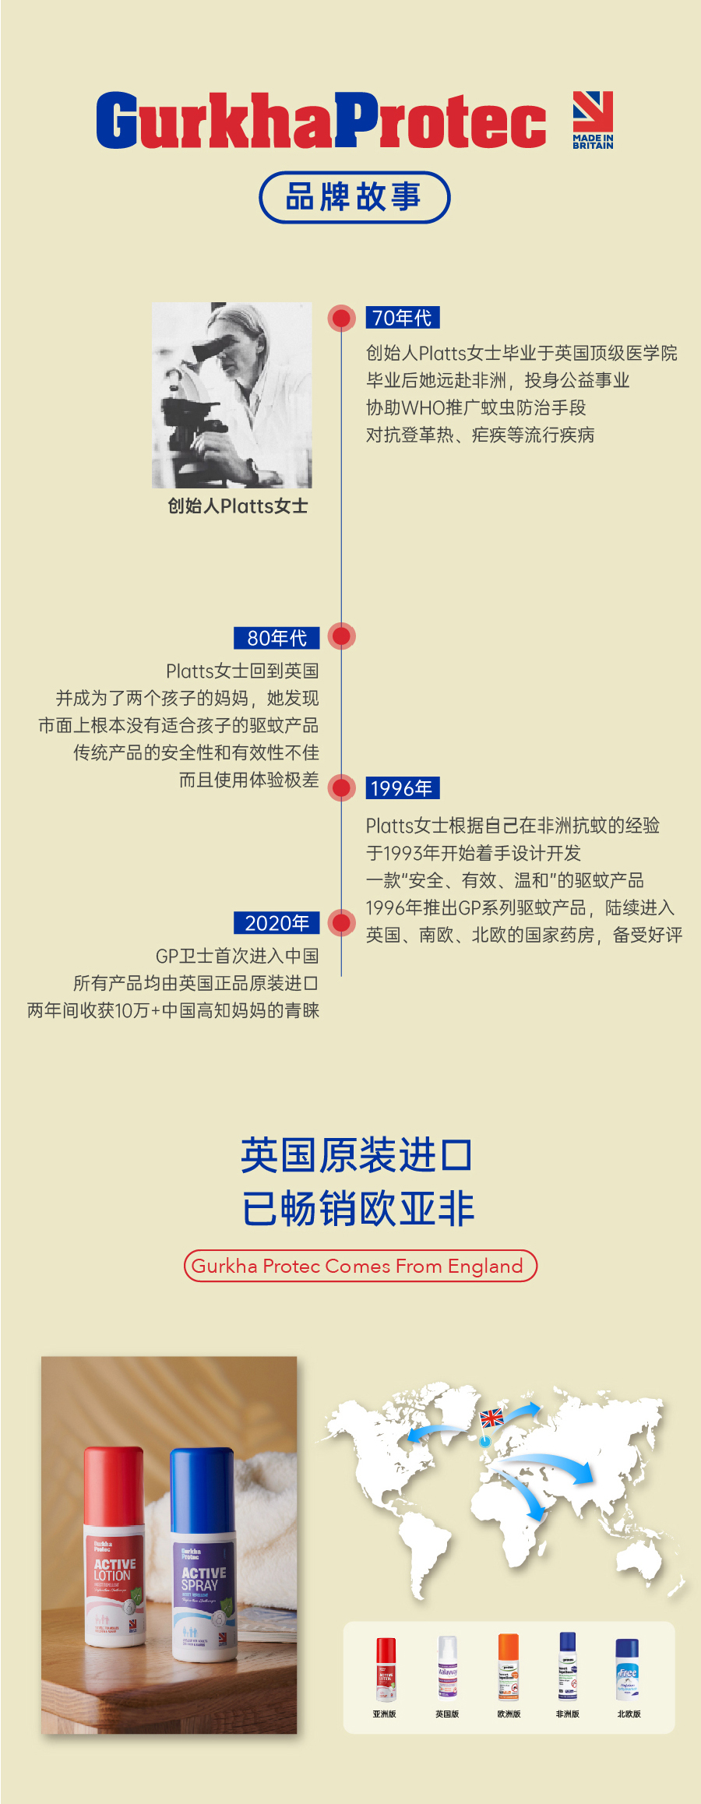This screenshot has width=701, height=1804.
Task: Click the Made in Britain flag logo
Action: [593, 118]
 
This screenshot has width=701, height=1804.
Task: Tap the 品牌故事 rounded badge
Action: [354, 197]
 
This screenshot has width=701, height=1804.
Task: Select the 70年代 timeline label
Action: [402, 318]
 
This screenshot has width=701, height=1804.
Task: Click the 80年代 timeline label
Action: [277, 638]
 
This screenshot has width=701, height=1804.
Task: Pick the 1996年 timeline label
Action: [402, 788]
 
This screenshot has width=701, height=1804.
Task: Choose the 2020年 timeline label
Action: [277, 923]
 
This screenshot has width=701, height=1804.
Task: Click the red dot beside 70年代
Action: [341, 318]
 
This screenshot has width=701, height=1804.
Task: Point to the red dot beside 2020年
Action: [341, 922]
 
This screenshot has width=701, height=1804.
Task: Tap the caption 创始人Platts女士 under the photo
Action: [238, 506]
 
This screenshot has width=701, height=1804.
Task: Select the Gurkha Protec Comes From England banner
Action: [360, 1266]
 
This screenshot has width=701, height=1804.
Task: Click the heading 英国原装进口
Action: [357, 1155]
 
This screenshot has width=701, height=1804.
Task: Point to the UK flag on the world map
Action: [491, 1418]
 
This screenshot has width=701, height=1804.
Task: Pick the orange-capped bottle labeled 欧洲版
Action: [508, 1666]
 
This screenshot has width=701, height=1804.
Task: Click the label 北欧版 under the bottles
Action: [629, 1714]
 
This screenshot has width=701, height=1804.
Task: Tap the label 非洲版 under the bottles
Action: [567, 1714]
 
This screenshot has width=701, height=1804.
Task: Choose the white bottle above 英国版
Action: [447, 1666]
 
